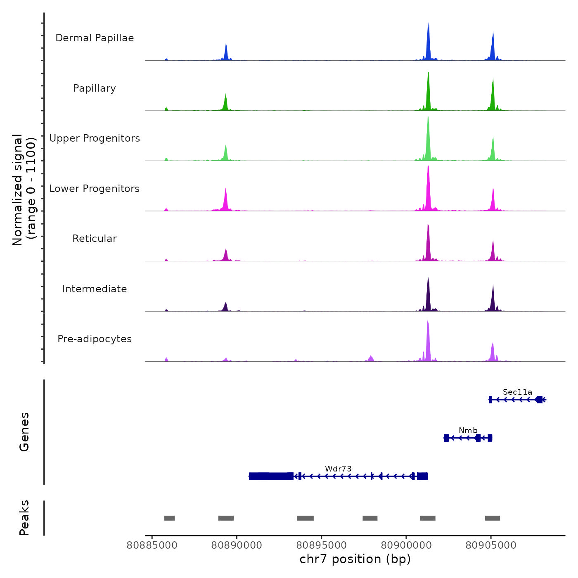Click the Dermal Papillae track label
click(x=95, y=38)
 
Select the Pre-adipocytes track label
click(x=95, y=339)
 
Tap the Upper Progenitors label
click(x=95, y=138)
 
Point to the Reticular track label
click(x=95, y=239)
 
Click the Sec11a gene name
click(x=517, y=392)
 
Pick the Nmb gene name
click(x=468, y=431)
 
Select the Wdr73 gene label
click(x=338, y=469)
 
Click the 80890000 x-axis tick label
click(x=237, y=545)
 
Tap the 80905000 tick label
click(x=491, y=545)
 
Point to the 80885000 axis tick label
click(x=152, y=545)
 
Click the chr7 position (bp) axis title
click(x=355, y=559)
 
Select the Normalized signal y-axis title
click(x=24, y=190)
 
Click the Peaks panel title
click(x=24, y=518)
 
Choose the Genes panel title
click(x=24, y=432)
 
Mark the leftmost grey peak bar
click(x=169, y=518)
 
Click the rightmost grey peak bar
click(x=492, y=518)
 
